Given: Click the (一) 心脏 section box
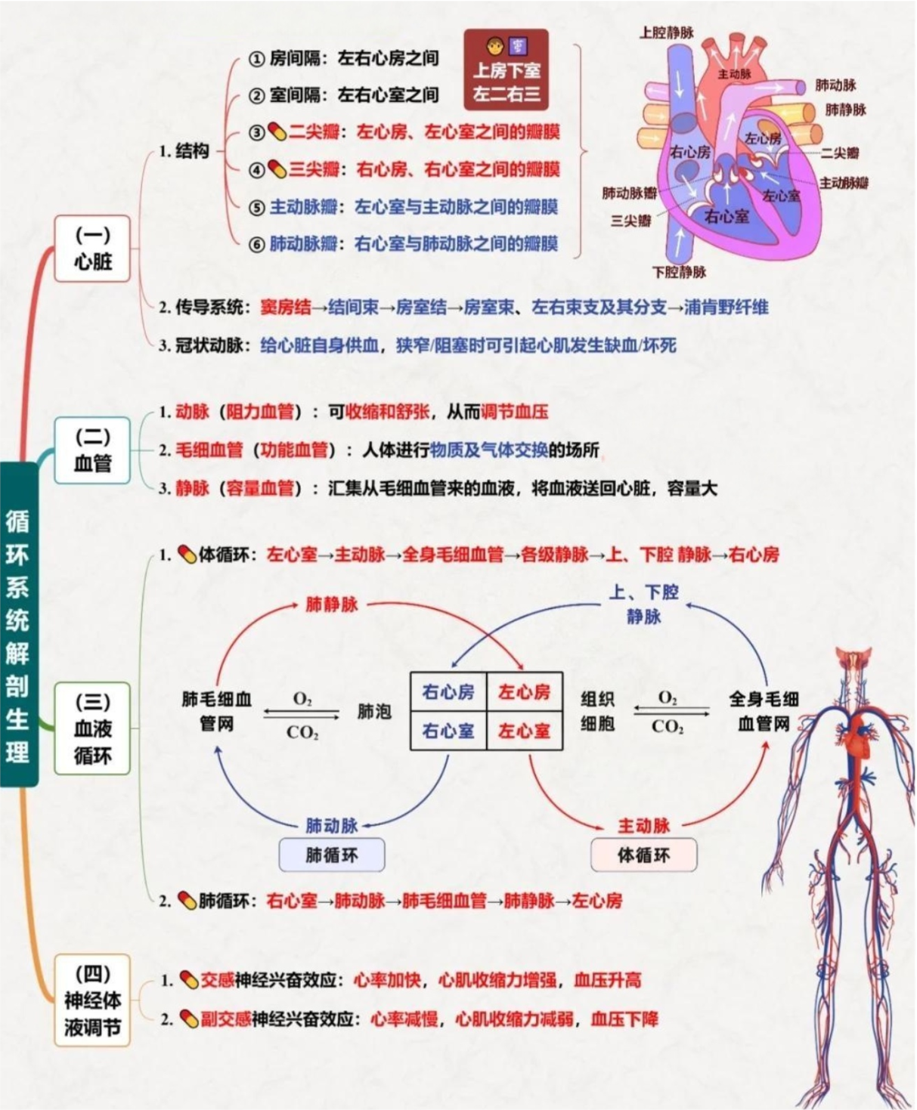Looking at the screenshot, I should [x=92, y=249].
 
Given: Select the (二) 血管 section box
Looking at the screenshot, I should [x=92, y=450].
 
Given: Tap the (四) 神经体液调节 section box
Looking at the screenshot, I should [x=92, y=1000].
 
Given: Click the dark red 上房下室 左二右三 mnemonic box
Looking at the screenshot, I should [x=507, y=70].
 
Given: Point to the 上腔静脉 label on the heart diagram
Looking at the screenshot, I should [x=666, y=32].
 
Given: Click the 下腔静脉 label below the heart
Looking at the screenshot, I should [x=679, y=272].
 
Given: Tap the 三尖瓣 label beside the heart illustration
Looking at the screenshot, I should [x=630, y=221].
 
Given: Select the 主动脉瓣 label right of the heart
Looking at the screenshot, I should [x=844, y=183].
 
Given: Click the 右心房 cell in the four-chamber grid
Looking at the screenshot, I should [x=448, y=692].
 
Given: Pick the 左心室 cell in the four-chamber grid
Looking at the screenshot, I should [x=524, y=731].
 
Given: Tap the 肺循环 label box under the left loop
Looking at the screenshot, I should [x=332, y=855].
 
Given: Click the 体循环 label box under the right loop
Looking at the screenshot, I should [x=643, y=855].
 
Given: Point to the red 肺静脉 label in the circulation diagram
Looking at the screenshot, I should [x=332, y=604].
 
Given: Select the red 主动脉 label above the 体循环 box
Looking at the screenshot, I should [x=643, y=825].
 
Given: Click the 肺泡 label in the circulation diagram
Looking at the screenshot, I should [x=374, y=712].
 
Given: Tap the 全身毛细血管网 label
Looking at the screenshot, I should [x=764, y=711].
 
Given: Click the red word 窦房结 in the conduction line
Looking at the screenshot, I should [x=285, y=308].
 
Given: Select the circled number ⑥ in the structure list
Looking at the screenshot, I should [x=257, y=244].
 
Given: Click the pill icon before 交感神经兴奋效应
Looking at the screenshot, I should [x=189, y=981].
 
